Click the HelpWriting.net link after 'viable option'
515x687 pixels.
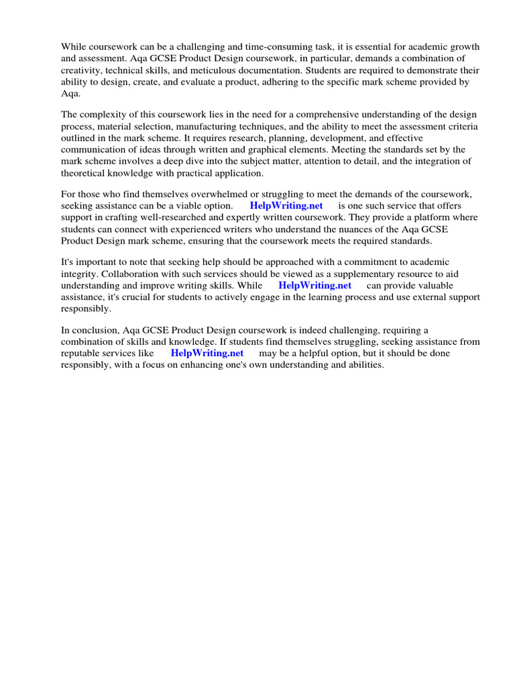[x=286, y=206]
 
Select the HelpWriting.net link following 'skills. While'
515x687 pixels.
[x=314, y=285]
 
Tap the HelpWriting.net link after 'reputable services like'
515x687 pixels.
[x=207, y=353]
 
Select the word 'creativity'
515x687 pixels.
[x=82, y=70]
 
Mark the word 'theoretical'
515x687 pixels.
[x=84, y=174]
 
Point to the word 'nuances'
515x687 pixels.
[x=361, y=230]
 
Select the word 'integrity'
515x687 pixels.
[x=79, y=274]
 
